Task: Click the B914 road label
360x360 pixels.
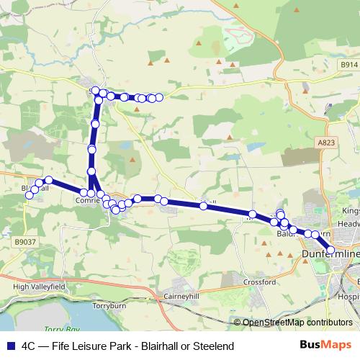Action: click(349, 65)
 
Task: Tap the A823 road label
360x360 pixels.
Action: click(325, 143)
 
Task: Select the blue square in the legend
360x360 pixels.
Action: click(8, 346)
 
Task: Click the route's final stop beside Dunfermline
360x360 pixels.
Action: click(330, 249)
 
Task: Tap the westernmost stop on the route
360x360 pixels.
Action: click(28, 196)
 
